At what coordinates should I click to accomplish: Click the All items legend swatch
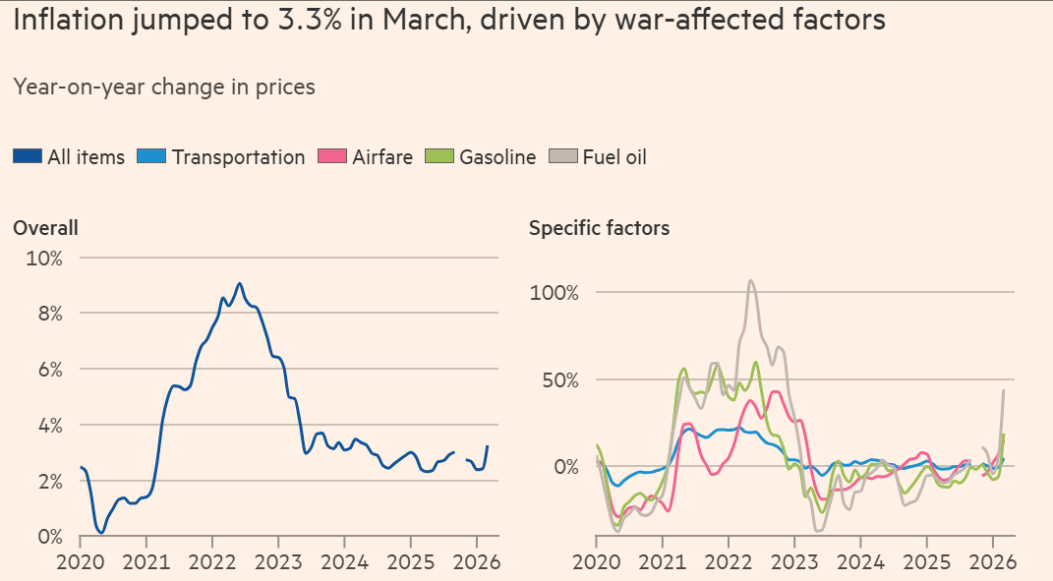point(27,156)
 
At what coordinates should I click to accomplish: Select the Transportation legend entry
point(238,156)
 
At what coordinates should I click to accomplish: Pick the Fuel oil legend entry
point(614,156)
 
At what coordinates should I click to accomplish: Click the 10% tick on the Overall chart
point(43,259)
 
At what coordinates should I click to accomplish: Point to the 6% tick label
point(48,370)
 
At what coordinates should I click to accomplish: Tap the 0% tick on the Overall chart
point(48,537)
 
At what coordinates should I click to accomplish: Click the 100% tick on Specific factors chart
point(555,293)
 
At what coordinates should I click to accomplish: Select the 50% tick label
point(558,379)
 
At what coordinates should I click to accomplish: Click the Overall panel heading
point(45,228)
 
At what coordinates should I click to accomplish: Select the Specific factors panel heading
point(599,228)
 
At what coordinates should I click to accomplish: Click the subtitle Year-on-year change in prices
point(164,87)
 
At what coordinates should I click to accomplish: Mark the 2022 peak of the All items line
point(239,283)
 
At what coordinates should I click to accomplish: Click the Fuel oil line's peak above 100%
point(750,280)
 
